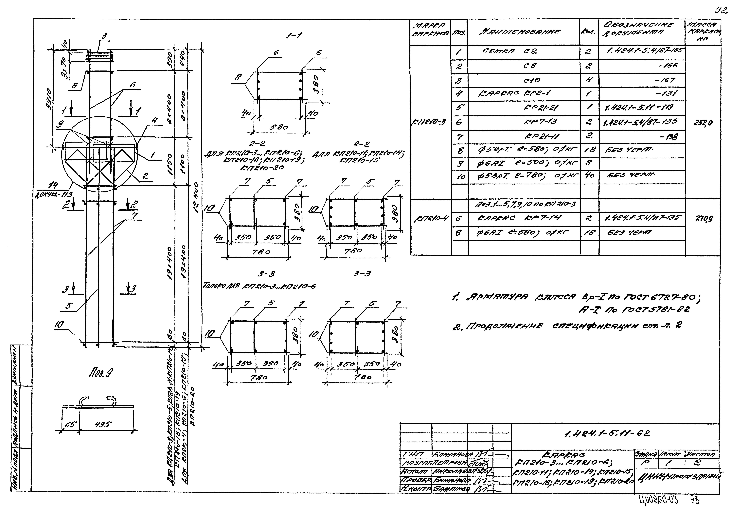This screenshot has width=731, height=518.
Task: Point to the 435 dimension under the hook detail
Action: click(104, 424)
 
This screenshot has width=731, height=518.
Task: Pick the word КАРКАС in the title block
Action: click(568, 454)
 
